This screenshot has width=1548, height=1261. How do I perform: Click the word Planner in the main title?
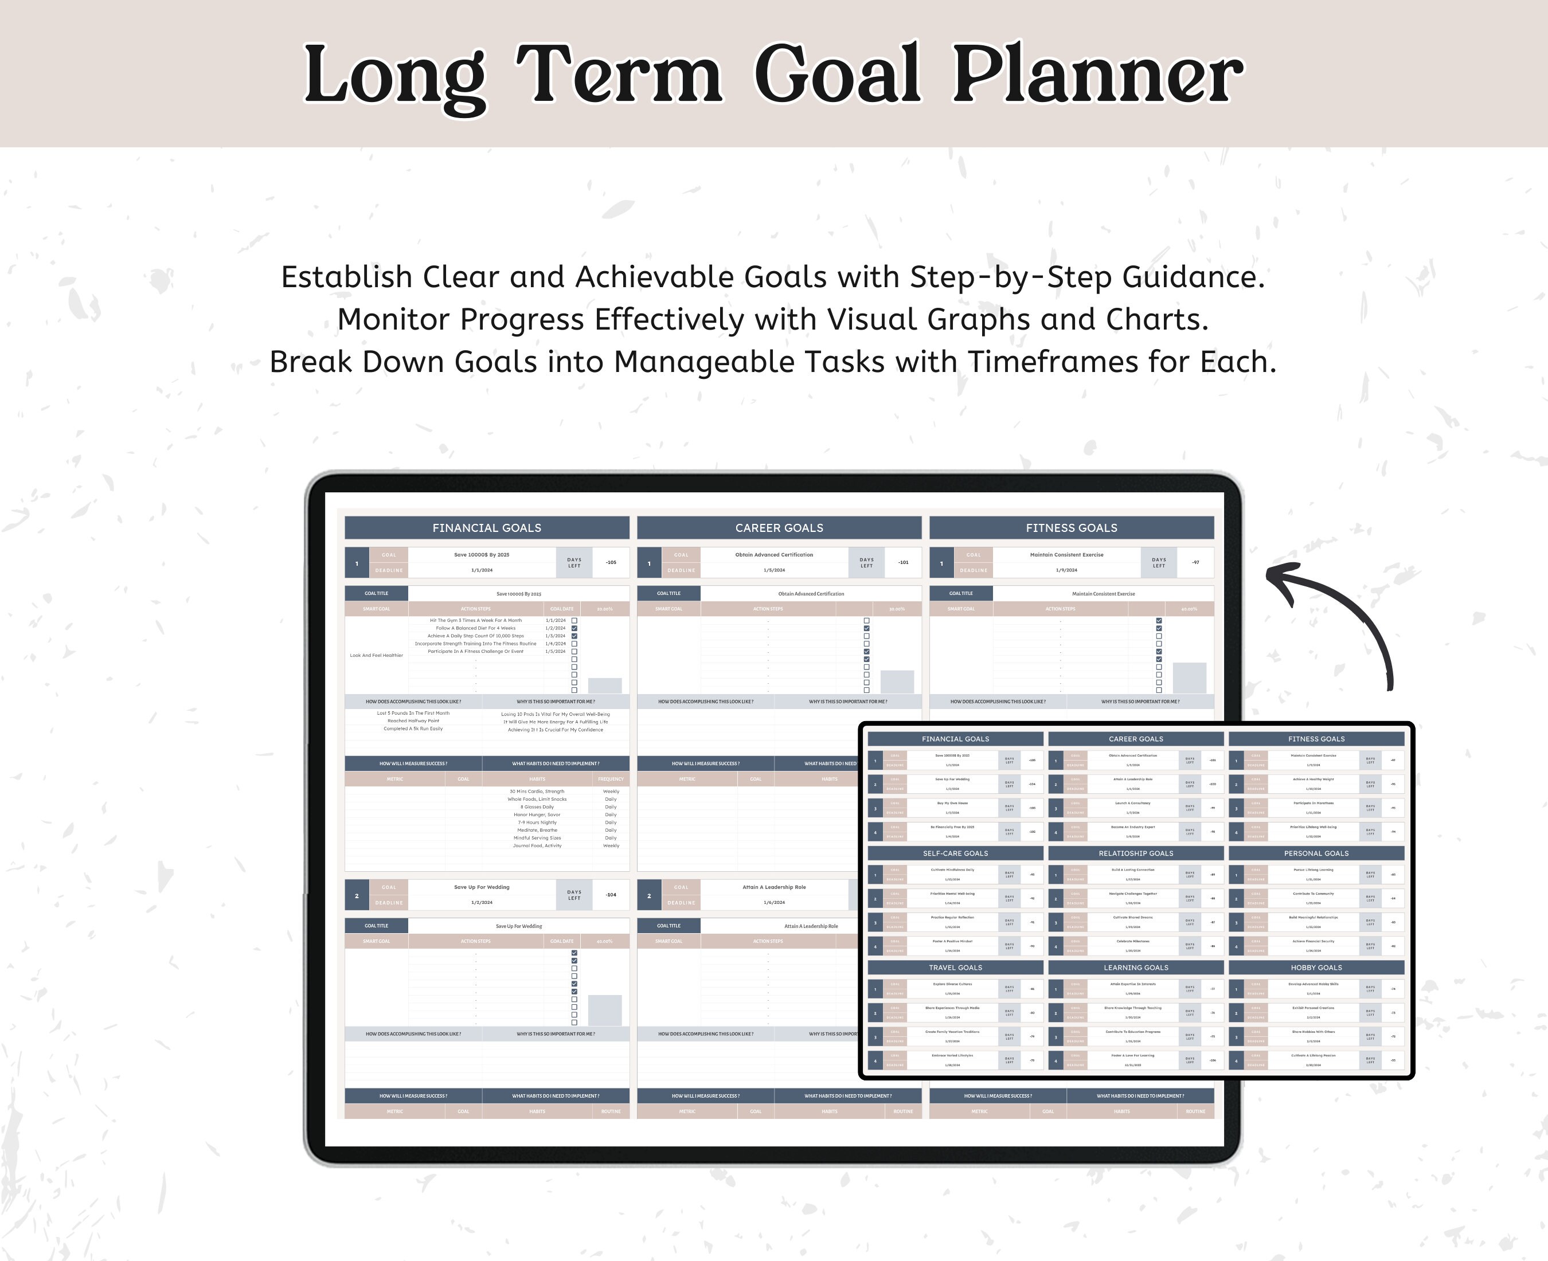coord(1097,76)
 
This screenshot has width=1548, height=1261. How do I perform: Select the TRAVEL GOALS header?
coord(955,968)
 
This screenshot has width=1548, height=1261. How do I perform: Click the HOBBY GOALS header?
coord(1316,968)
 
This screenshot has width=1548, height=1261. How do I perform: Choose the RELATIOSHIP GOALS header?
coord(1135,853)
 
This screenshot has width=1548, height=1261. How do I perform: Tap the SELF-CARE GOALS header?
coord(955,853)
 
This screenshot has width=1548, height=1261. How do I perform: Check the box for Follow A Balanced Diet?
coord(574,628)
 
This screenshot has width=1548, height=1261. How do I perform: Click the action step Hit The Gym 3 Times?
coord(475,620)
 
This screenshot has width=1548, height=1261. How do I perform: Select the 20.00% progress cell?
coord(604,609)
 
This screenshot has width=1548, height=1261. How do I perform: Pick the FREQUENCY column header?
coord(610,780)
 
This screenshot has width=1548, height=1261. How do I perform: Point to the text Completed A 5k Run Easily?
coord(413,729)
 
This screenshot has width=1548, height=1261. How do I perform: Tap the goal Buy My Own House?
coord(952,804)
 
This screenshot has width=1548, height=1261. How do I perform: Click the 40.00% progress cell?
coord(604,941)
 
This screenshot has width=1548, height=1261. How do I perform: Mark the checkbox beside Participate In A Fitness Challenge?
coord(574,652)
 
